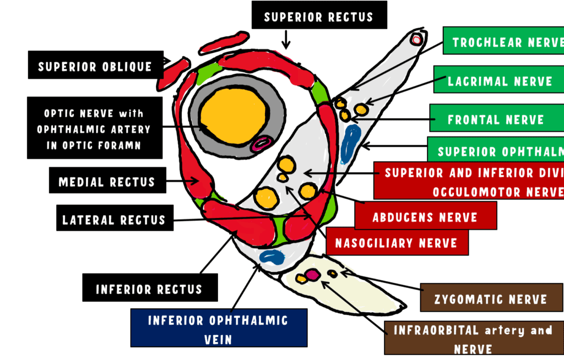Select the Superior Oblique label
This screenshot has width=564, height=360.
pyautogui.click(x=95, y=66)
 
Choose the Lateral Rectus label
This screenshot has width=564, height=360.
pyautogui.click(x=113, y=219)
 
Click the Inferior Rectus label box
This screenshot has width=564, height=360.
pyautogui.click(x=149, y=288)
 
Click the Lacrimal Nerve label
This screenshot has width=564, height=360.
pyautogui.click(x=499, y=81)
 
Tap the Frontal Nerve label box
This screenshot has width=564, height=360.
pyautogui.click(x=495, y=119)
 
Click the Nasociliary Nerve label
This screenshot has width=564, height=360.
pyautogui.click(x=397, y=242)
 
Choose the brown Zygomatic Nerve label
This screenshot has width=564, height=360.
pyautogui.click(x=490, y=299)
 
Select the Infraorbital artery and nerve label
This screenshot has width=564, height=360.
pyautogui.click(x=473, y=338)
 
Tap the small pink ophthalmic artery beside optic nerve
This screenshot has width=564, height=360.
pyautogui.click(x=259, y=145)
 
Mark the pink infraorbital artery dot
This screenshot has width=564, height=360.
pyautogui.click(x=313, y=274)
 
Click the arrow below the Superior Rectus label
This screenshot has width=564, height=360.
pyautogui.click(x=285, y=39)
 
